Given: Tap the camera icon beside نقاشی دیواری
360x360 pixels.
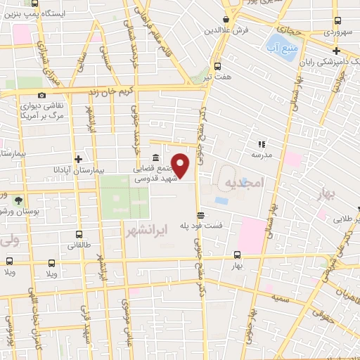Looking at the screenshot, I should (41, 95).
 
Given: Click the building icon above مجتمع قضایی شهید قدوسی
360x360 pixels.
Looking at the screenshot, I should (155, 157).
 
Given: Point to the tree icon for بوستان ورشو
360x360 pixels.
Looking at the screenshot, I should (18, 200).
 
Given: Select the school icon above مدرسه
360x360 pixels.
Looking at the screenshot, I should (261, 143).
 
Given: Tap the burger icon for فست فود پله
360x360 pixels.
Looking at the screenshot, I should (201, 215).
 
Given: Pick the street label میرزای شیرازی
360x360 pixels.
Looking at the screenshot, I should (53, 67).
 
